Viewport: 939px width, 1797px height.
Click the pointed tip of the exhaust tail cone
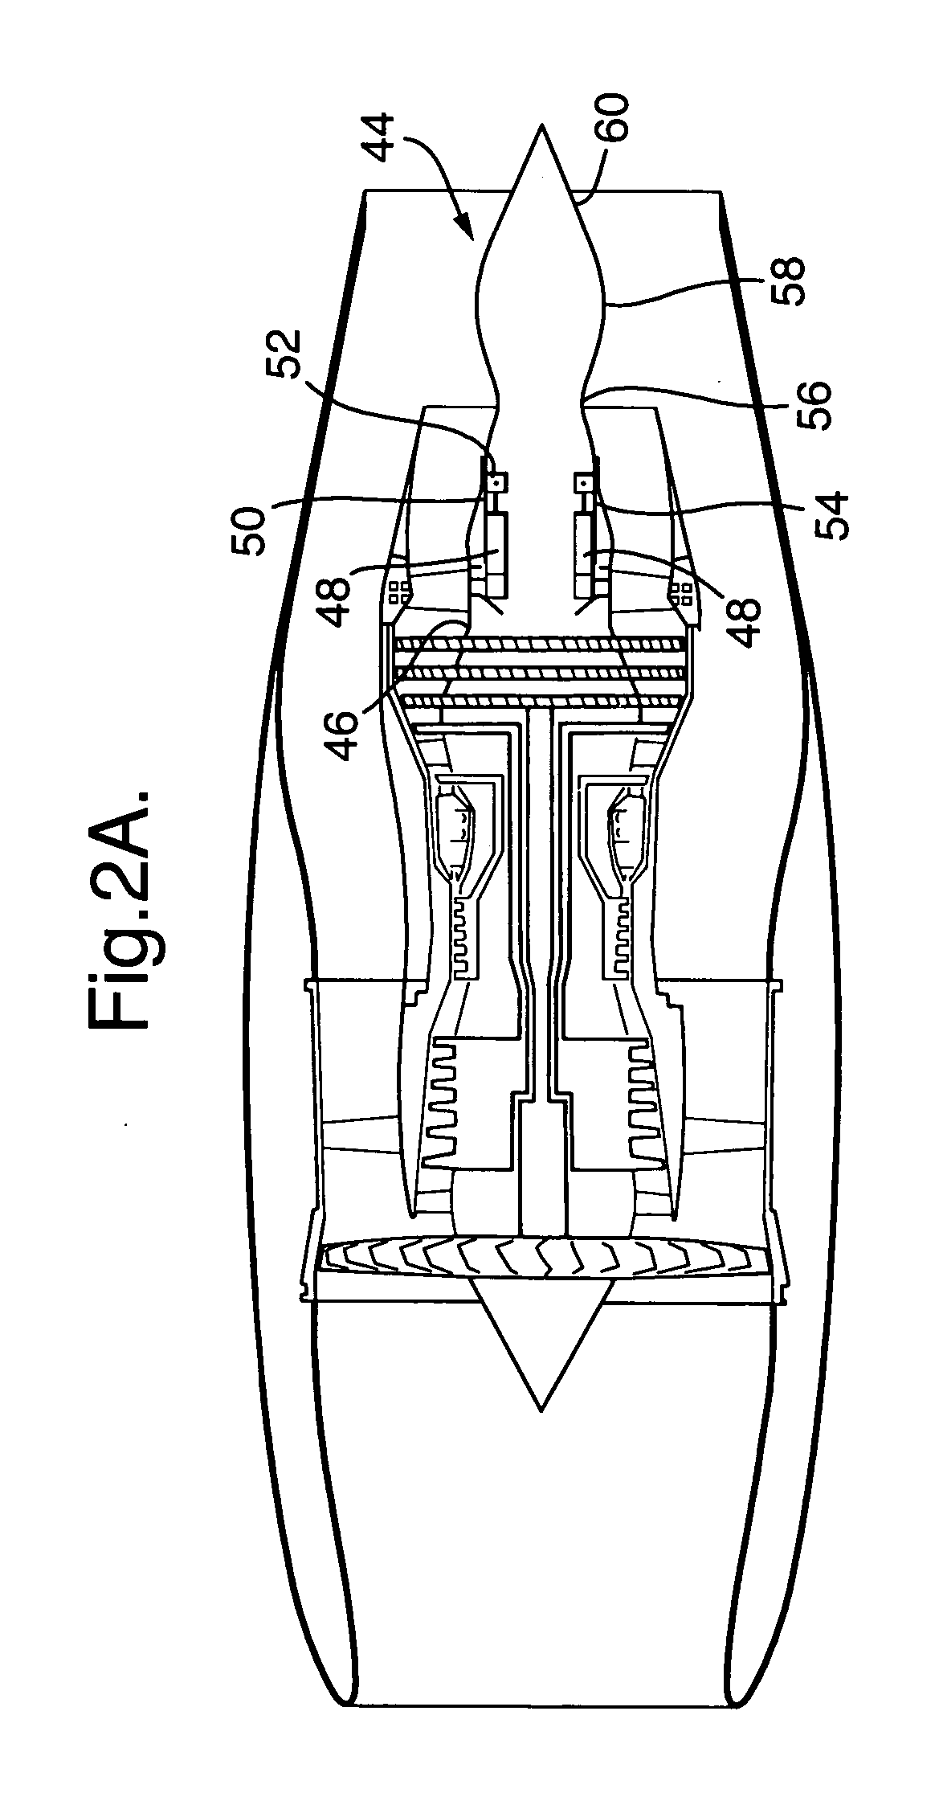tap(542, 127)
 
